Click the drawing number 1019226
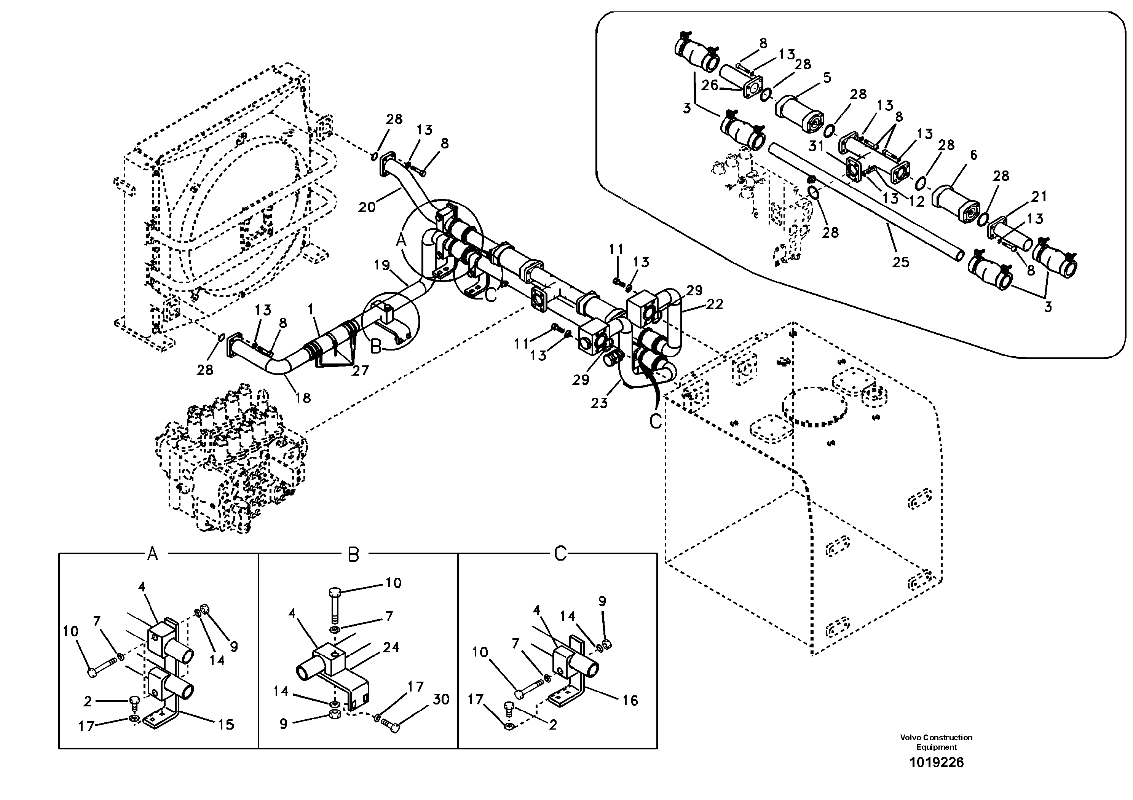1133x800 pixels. tap(936, 763)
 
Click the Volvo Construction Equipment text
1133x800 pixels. tap(936, 742)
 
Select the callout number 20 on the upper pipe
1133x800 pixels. tap(367, 207)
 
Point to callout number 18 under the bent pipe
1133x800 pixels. tap(303, 398)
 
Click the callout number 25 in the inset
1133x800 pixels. tap(901, 261)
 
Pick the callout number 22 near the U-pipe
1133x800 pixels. tap(715, 304)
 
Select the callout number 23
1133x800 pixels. tap(599, 403)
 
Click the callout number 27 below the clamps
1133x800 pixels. tap(360, 370)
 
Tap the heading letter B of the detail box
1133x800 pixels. tap(353, 555)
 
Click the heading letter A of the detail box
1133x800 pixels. tap(153, 555)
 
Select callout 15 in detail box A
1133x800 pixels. tap(226, 725)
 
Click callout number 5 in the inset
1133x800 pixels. tap(827, 77)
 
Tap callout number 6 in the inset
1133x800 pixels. tap(973, 155)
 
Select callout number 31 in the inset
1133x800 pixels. tap(816, 146)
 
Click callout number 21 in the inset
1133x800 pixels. tap(1039, 196)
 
